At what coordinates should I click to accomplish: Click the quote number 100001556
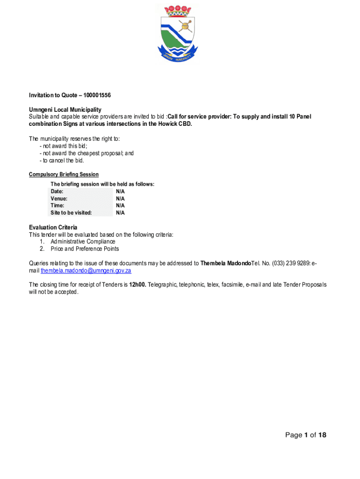click(95, 95)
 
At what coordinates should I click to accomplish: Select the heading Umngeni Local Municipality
click(65, 109)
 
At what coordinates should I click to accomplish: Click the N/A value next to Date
click(120, 191)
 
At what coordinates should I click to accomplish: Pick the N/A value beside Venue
click(120, 198)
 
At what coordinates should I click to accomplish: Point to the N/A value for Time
click(120, 205)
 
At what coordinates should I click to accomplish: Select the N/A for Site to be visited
click(120, 212)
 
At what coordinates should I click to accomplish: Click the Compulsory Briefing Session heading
click(64, 174)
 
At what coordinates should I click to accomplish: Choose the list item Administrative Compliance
click(83, 241)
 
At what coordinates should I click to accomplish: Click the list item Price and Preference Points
click(85, 248)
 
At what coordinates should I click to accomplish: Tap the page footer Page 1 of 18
click(306, 435)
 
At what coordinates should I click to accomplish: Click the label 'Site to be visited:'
click(71, 212)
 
